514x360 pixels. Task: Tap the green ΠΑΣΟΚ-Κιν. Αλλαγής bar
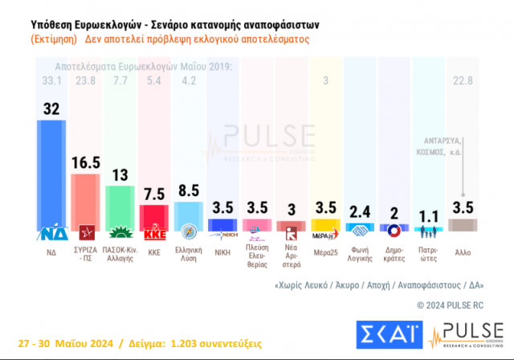pyautogui.click(x=119, y=207)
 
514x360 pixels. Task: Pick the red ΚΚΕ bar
pyautogui.click(x=153, y=218)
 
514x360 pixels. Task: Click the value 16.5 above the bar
pyautogui.click(x=85, y=162)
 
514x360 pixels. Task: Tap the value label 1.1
pyautogui.click(x=430, y=215)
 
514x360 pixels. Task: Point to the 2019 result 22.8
pyautogui.click(x=463, y=80)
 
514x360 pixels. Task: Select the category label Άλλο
pyautogui.click(x=463, y=252)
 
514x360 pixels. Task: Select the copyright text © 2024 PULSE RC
pyautogui.click(x=451, y=305)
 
